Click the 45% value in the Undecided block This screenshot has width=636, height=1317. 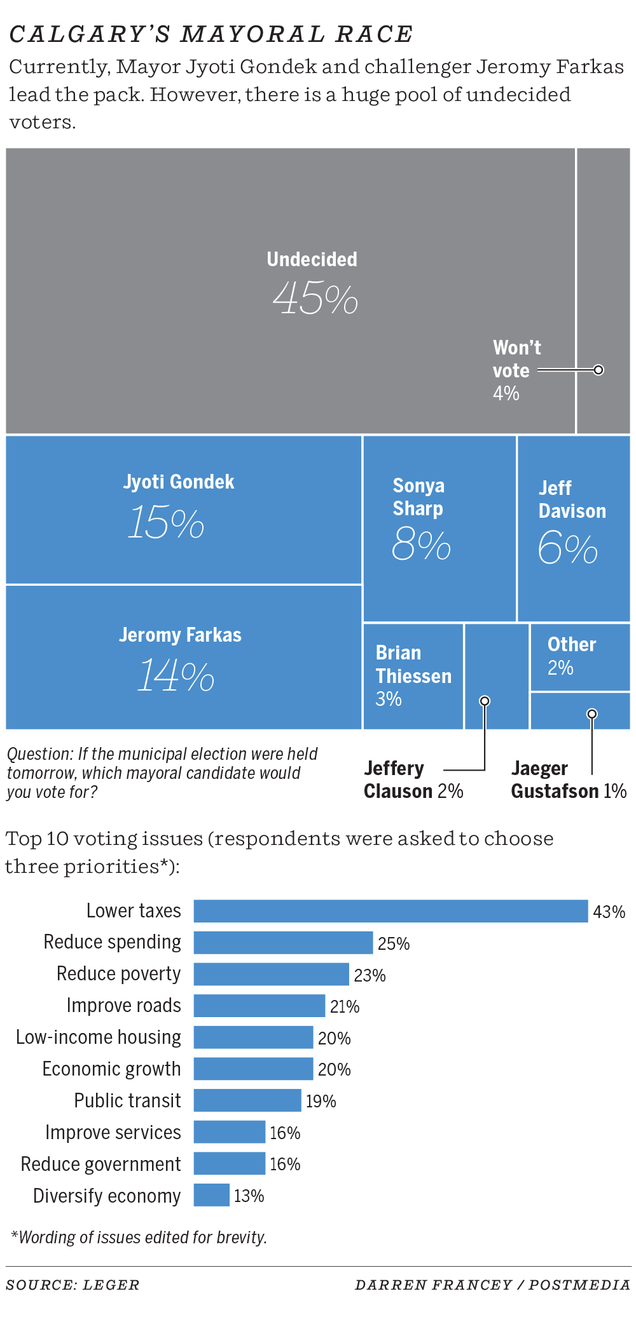(315, 298)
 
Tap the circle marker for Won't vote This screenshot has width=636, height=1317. (598, 370)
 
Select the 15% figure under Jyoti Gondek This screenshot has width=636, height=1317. (166, 523)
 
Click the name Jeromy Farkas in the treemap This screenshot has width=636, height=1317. (180, 635)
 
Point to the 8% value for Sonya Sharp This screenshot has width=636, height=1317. (421, 544)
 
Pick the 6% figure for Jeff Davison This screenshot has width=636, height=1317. (567, 548)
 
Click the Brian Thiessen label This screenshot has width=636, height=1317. (413, 665)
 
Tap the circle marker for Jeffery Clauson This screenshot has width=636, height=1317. (485, 701)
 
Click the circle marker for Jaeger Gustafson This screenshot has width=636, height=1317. (591, 713)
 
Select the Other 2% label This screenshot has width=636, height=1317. (572, 655)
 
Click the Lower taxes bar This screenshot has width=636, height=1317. (391, 910)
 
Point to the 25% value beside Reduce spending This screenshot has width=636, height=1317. (394, 943)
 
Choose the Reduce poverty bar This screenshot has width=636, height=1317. (271, 974)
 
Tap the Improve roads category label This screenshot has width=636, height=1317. (123, 1005)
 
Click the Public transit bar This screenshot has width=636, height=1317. (247, 1100)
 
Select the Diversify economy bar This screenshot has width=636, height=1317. (211, 1194)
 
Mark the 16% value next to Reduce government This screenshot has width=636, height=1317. (285, 1164)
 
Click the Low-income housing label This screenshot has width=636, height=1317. (98, 1037)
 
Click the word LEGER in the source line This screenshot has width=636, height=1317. (111, 1285)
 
